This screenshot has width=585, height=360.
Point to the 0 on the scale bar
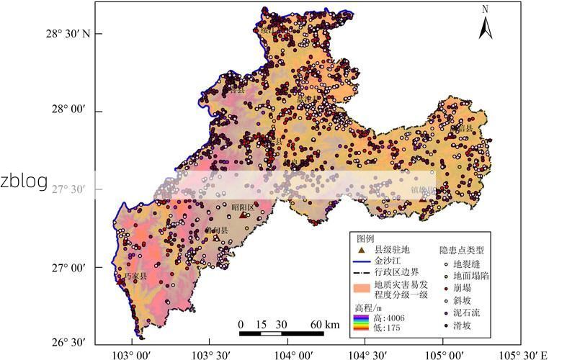241,325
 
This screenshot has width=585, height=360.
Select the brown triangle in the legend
362,248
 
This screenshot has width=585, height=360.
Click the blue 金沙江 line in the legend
362,261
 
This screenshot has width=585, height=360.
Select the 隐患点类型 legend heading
462,250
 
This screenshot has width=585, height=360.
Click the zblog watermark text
24,181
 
